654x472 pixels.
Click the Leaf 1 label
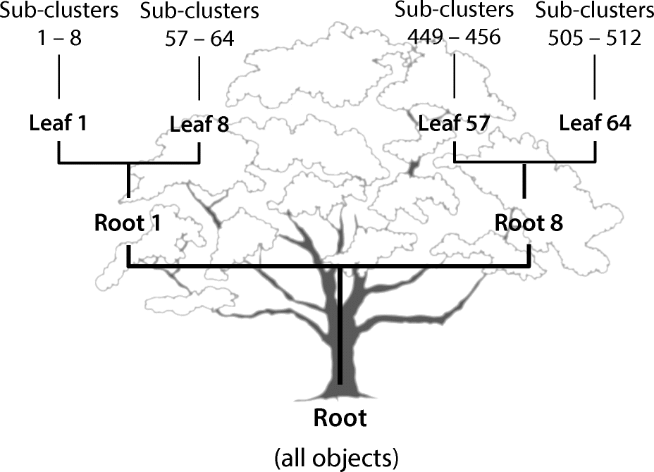(58, 123)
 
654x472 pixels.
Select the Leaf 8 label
(199, 125)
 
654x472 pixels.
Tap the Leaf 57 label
(454, 123)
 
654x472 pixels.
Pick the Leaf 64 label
(596, 123)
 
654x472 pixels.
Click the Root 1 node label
(128, 223)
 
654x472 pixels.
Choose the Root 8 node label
(529, 223)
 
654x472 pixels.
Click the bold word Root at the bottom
(340, 418)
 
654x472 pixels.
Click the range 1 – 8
(58, 37)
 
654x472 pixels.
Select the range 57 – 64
(199, 39)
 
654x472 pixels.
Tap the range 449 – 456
(454, 36)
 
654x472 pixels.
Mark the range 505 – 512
(596, 37)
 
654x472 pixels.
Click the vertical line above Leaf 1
(58, 77)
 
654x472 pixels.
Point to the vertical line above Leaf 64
(596, 77)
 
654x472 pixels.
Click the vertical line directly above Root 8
(524, 182)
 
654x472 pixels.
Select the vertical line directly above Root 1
(128, 180)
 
